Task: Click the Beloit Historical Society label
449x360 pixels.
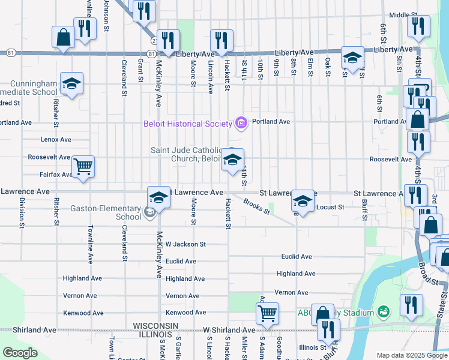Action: click(187, 124)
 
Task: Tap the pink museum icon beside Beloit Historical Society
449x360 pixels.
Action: click(241, 123)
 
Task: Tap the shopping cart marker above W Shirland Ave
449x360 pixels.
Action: click(267, 313)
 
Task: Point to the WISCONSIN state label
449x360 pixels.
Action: click(155, 325)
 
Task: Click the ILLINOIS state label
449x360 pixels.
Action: click(155, 334)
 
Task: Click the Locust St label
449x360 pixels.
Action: click(330, 207)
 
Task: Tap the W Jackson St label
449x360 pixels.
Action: click(185, 244)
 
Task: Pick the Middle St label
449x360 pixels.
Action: click(403, 15)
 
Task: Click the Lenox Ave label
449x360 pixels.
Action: click(56, 139)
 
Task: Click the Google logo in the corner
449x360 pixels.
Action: click(19, 353)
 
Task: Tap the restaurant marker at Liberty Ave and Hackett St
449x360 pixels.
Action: click(221, 40)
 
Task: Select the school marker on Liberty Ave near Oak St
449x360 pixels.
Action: click(352, 58)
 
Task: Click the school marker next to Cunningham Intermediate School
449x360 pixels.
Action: click(71, 83)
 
